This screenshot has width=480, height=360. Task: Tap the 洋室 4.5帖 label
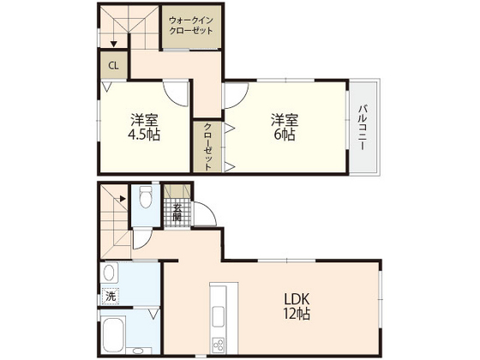click(x=142, y=128)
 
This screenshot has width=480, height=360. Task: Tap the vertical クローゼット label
click(x=207, y=147)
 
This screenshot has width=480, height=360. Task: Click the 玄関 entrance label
click(x=177, y=210)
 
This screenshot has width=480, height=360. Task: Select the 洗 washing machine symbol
click(x=110, y=296)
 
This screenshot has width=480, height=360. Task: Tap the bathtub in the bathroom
click(x=117, y=333)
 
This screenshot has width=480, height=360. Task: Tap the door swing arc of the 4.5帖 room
click(x=177, y=94)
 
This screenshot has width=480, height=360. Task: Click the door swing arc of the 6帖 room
click(x=237, y=94)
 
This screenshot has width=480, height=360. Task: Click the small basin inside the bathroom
click(x=152, y=315)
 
